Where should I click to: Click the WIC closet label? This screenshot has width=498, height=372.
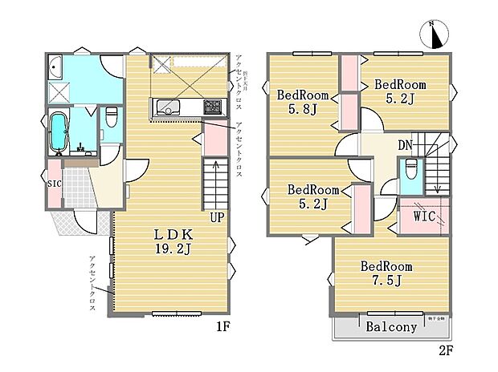coord(424,217)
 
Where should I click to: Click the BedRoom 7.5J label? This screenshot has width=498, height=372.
coord(386,273)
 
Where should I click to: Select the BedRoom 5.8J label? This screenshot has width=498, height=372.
coord(303,103)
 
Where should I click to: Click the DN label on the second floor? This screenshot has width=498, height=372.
coord(406,145)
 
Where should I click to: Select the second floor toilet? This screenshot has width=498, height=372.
coord(410,170)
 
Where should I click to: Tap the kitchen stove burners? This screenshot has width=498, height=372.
coord(212,106)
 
